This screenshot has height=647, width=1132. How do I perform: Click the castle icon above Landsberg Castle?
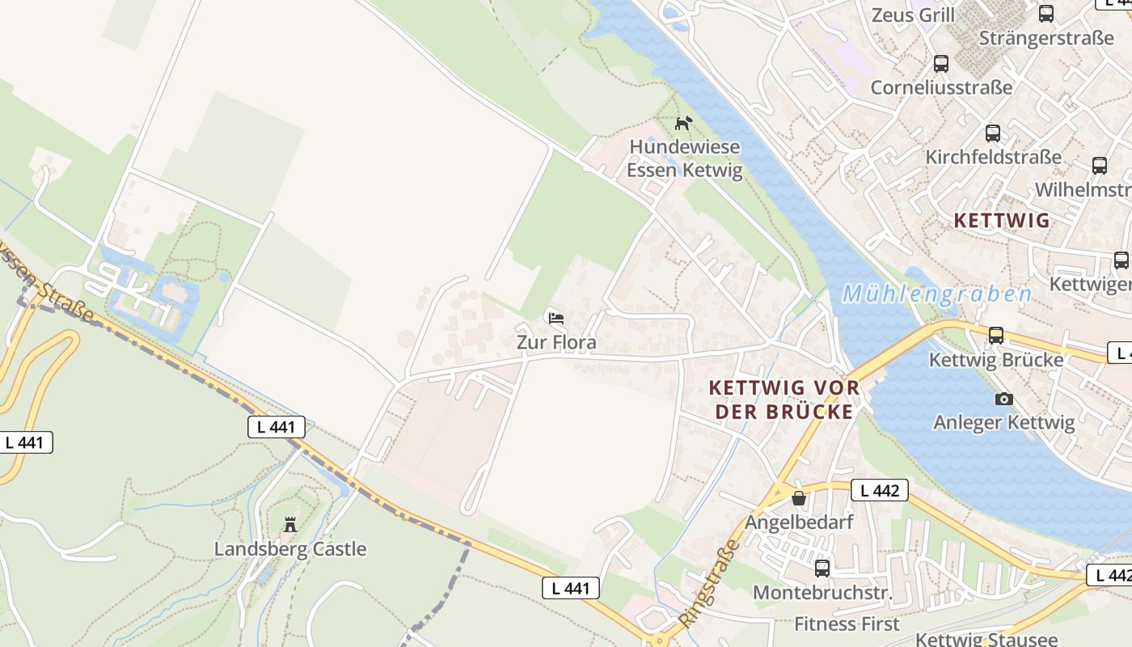[290, 525]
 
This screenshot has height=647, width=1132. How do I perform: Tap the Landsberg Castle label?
[290, 549]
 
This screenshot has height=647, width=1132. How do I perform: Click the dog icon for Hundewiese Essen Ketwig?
[684, 124]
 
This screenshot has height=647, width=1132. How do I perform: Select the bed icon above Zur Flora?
[555, 319]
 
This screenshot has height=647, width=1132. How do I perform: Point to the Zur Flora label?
[556, 342]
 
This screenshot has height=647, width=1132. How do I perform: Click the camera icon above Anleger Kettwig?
[1003, 399]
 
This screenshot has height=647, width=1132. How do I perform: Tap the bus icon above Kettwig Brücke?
[995, 335]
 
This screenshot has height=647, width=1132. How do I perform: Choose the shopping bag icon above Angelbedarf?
[799, 498]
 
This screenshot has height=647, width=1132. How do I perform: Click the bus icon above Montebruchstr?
[822, 568]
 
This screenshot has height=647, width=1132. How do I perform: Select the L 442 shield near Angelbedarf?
[880, 490]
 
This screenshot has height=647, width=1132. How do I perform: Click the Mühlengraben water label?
[936, 294]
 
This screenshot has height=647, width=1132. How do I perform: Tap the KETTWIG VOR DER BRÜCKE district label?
[784, 400]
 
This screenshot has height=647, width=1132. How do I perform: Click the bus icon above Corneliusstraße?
[940, 64]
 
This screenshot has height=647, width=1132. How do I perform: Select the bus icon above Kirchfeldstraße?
[993, 133]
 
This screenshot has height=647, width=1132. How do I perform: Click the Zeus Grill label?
[913, 15]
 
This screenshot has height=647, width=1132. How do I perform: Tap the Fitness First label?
[847, 624]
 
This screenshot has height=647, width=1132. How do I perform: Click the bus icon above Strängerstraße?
[1046, 14]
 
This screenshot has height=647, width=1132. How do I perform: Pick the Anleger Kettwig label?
[1003, 422]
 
